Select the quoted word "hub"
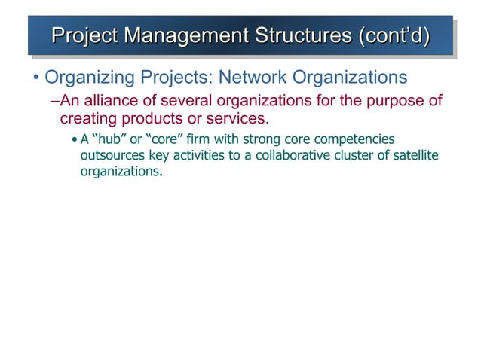(109, 140)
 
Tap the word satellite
(412, 155)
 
